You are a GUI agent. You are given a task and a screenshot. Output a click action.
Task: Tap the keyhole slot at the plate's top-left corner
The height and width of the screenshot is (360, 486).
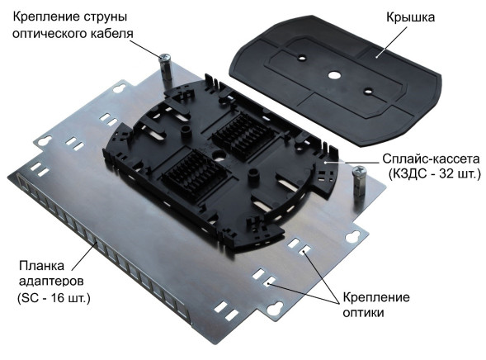click(x=125, y=87)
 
